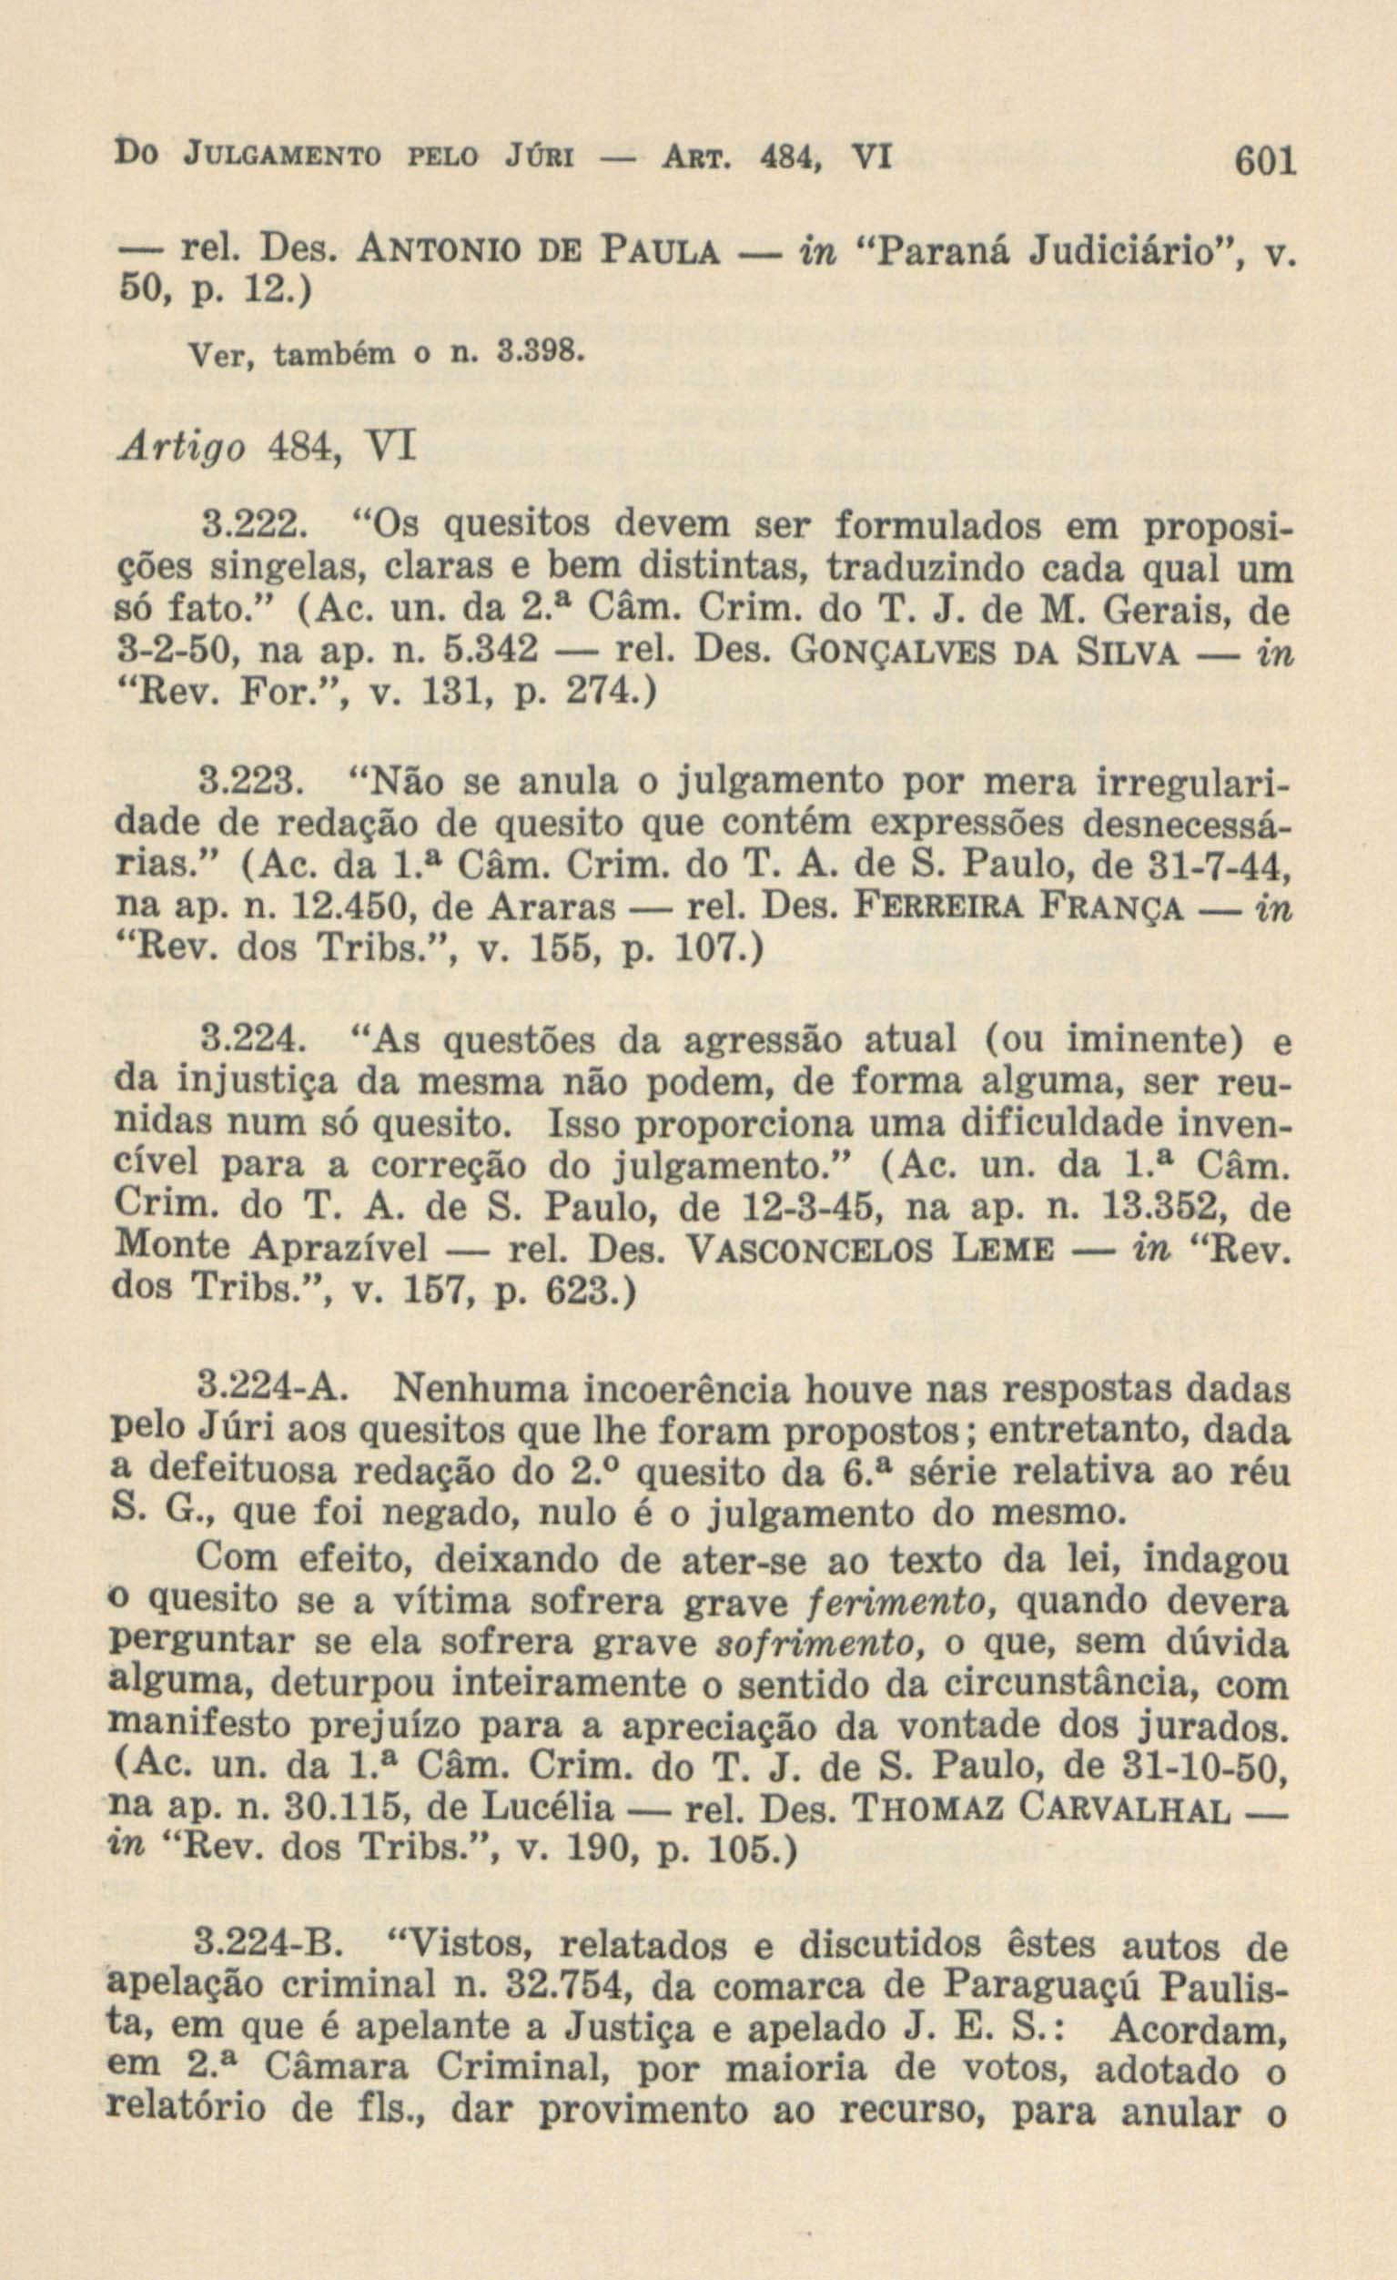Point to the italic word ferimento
pyautogui.click(x=888, y=1603)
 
